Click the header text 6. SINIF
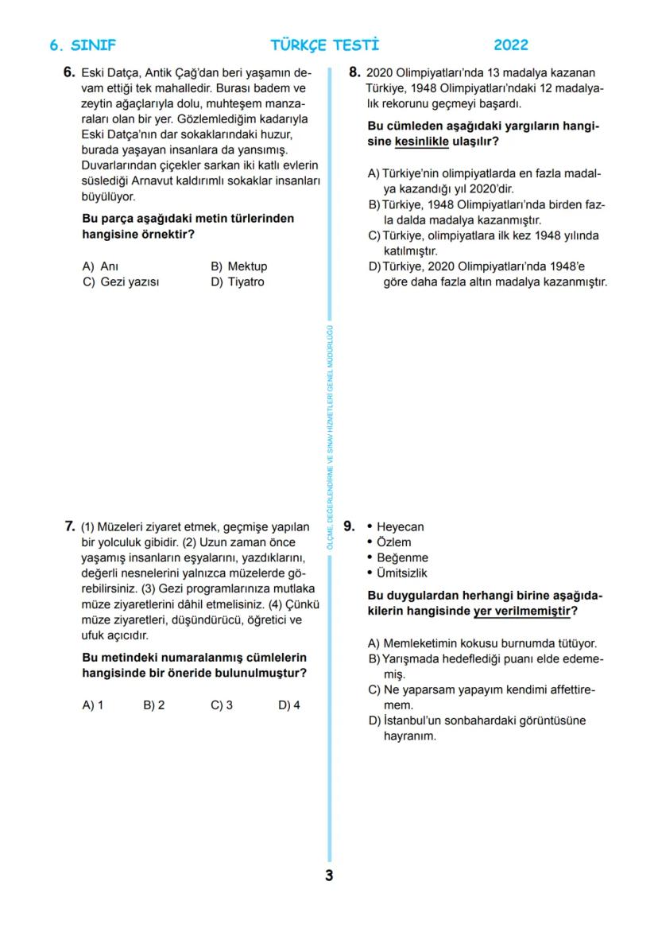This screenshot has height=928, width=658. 83,45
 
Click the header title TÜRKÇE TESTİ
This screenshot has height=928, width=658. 325,45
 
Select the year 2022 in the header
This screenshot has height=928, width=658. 510,45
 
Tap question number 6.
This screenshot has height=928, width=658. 69,72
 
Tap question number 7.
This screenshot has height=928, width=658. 69,526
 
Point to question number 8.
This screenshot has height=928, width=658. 355,72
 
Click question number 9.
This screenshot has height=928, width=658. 349,526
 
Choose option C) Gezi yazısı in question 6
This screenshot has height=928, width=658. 121,282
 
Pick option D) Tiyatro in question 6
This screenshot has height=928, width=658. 237,282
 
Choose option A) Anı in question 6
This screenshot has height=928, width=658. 100,266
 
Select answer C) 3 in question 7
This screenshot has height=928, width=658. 222,705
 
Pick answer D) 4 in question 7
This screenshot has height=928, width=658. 289,705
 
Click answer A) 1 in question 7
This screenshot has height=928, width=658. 93,705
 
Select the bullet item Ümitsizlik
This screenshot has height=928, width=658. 401,573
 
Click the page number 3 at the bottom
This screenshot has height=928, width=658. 329,876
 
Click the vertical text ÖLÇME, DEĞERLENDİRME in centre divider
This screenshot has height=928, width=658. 330,509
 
